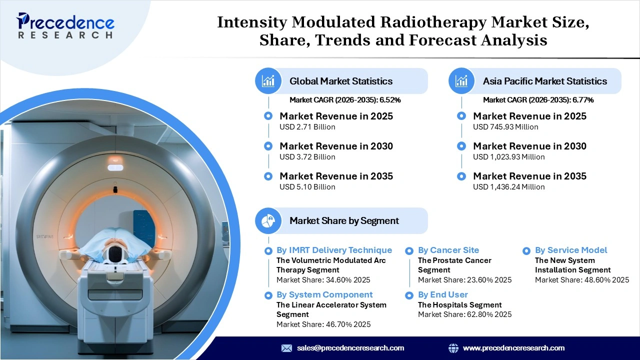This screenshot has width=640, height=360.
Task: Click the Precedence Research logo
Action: click(65, 25)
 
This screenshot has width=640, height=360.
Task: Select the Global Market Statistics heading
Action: click(341, 81)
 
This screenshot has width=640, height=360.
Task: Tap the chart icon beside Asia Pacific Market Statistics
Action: click(462, 81)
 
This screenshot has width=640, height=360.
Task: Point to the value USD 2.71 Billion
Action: click(307, 127)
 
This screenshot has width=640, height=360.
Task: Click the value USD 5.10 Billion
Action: click(307, 187)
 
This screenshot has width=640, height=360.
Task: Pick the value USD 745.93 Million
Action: click(505, 127)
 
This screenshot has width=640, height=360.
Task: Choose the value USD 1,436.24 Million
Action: click(508, 187)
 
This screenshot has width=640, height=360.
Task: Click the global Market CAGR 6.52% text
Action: click(345, 100)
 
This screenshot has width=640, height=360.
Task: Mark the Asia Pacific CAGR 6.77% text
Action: click(538, 100)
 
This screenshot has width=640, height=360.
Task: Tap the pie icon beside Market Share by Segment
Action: click(268, 220)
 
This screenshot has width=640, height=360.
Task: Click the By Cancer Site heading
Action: click(448, 250)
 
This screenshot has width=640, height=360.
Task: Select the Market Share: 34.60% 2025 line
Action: click(323, 280)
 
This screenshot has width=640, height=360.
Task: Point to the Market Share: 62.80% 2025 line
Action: click(464, 314)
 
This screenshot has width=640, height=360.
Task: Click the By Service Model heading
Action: click(570, 250)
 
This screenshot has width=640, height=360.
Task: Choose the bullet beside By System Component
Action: click(268, 295)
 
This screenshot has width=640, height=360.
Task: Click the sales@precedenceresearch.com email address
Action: click(350, 348)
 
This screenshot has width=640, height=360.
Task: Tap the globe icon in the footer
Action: click(453, 348)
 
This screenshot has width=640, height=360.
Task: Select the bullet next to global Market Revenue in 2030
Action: click(268, 146)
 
